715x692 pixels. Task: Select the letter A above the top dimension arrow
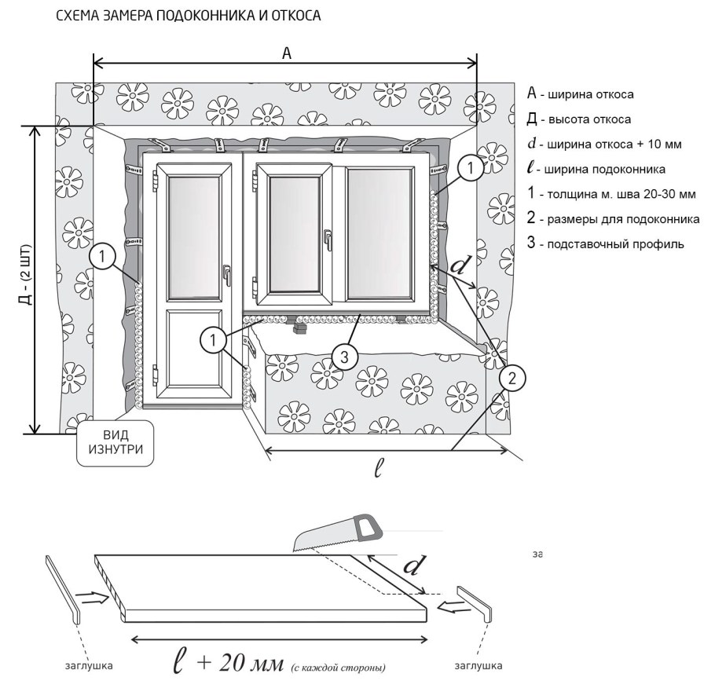coord(287,53)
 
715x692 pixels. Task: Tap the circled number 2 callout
coord(510,379)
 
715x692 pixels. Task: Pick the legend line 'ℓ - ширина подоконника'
coord(597,169)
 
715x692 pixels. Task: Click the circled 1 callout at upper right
coord(469,167)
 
